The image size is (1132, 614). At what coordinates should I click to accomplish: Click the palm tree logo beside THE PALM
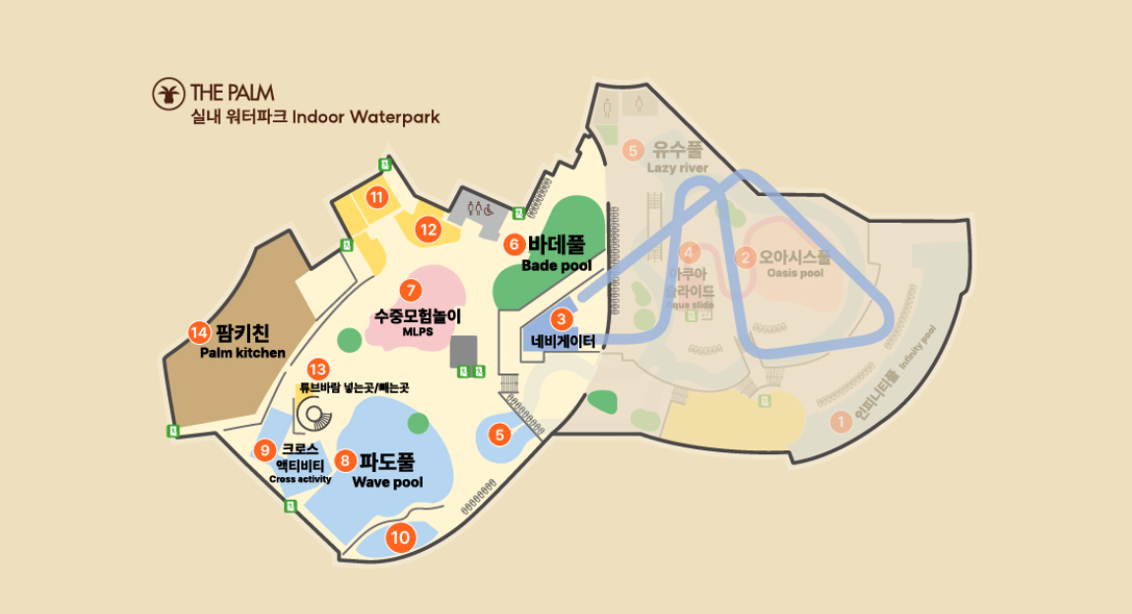pyautogui.click(x=168, y=94)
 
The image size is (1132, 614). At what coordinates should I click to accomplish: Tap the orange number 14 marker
pyautogui.click(x=200, y=332)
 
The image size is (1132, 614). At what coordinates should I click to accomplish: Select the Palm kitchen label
pyautogui.click(x=242, y=352)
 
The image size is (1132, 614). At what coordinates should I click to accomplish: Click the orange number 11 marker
pyautogui.click(x=375, y=197)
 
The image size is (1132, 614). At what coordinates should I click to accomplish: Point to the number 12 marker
pyautogui.click(x=428, y=230)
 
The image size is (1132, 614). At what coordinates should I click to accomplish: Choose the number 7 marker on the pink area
pyautogui.click(x=411, y=291)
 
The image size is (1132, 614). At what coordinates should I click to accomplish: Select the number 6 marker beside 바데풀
pyautogui.click(x=513, y=243)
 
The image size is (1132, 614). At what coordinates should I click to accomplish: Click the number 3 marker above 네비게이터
pyautogui.click(x=561, y=318)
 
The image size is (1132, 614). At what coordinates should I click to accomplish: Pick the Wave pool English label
pyautogui.click(x=387, y=482)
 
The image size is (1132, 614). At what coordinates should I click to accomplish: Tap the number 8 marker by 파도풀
pyautogui.click(x=345, y=459)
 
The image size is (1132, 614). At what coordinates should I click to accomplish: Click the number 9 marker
pyautogui.click(x=264, y=450)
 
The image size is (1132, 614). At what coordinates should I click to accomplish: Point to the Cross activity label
pyautogui.click(x=300, y=479)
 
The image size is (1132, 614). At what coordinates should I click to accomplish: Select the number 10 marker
pyautogui.click(x=399, y=538)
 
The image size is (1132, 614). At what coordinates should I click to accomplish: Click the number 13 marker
pyautogui.click(x=317, y=368)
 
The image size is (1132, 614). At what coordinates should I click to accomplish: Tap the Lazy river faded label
pyautogui.click(x=677, y=168)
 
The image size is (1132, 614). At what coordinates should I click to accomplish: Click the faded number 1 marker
pyautogui.click(x=840, y=422)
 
